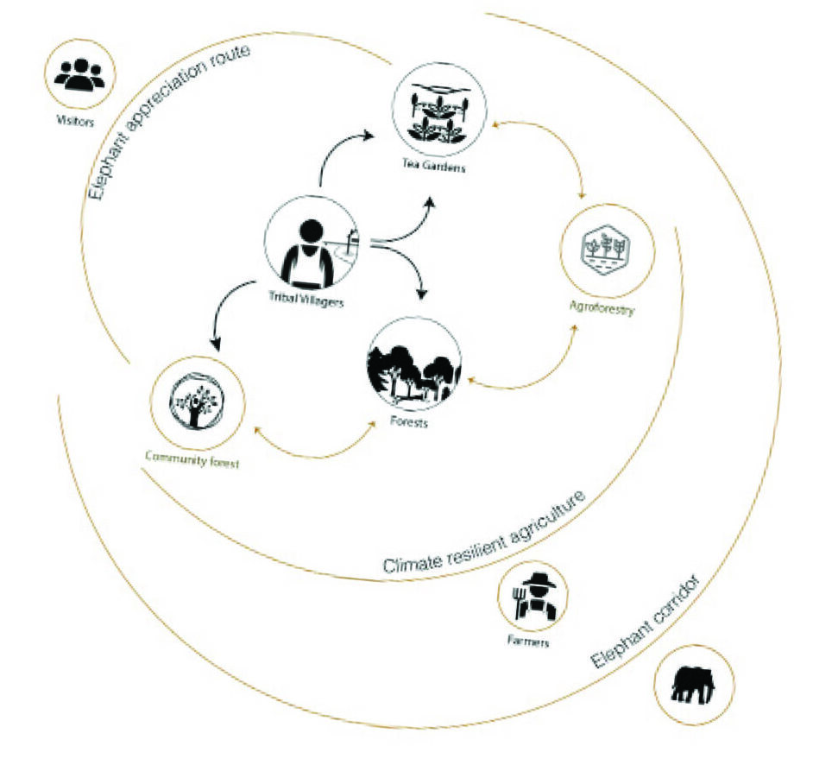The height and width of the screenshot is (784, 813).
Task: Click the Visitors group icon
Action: [79, 74]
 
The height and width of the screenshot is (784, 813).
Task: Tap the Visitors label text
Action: [76, 122]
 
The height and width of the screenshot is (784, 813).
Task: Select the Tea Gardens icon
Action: [439, 111]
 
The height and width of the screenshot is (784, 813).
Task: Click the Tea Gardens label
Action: [434, 166]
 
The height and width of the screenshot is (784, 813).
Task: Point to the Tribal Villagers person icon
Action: [310, 253]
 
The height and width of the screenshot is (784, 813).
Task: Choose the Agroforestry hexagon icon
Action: [606, 250]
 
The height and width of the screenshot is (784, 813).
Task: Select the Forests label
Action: [409, 422]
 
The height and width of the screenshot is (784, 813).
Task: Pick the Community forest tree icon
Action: [197, 401]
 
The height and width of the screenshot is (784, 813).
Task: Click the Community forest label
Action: [192, 460]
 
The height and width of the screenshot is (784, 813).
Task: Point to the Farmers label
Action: [528, 642]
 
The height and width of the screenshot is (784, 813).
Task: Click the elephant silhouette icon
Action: [693, 685]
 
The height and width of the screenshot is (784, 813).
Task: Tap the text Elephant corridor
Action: [646, 620]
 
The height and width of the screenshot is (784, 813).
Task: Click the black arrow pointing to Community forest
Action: [224, 307]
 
